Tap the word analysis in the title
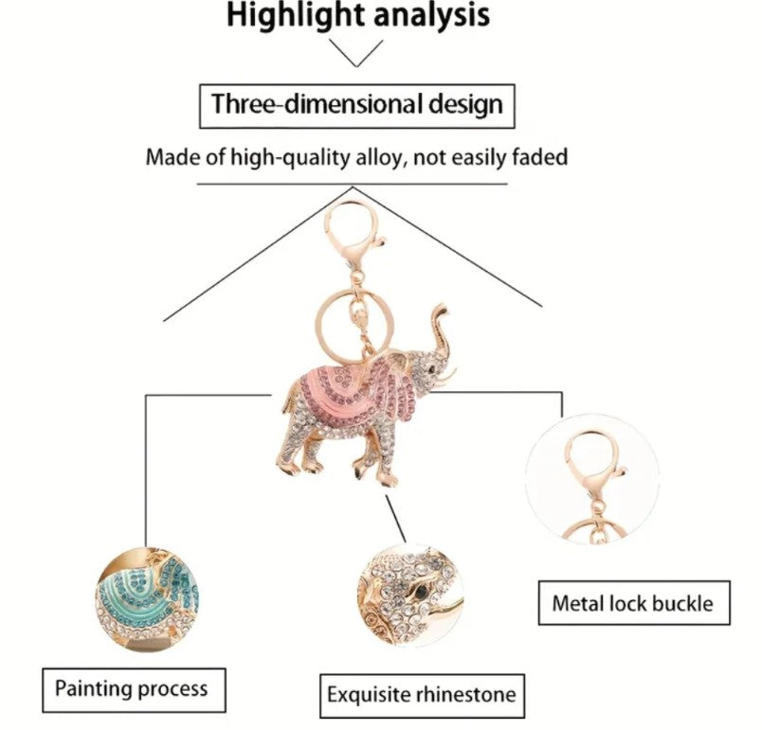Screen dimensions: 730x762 coord(434,16)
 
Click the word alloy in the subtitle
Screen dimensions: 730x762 coord(389,157)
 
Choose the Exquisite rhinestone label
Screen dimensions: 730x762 coord(421,695)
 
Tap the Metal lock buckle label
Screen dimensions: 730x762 coord(633,602)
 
